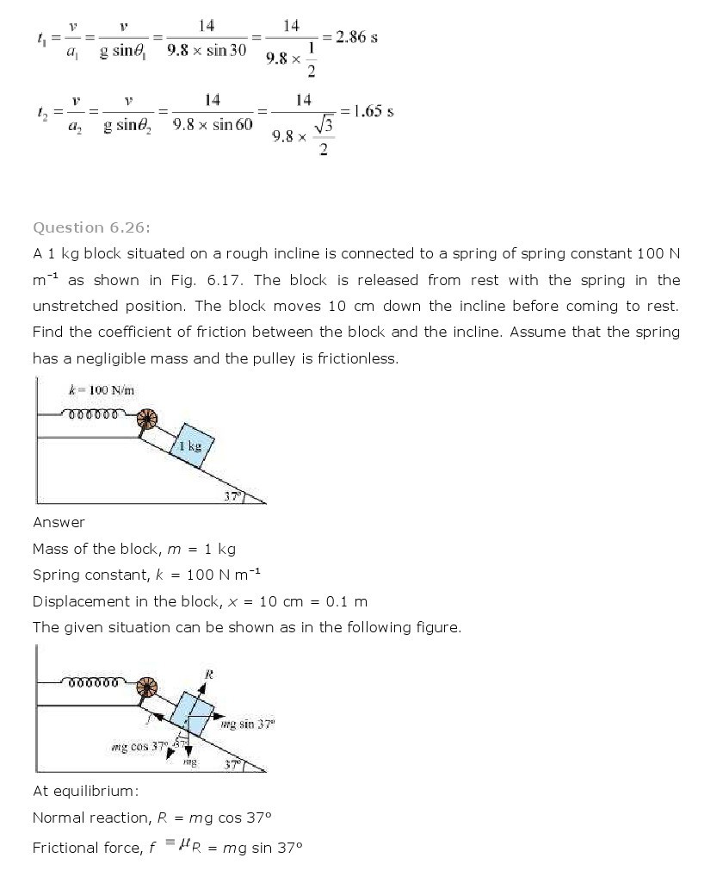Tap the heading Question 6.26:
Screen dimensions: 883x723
click(91, 227)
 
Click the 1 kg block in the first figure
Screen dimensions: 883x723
click(190, 445)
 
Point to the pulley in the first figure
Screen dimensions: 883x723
click(148, 420)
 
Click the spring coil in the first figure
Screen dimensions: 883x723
click(93, 414)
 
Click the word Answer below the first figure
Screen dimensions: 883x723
click(59, 522)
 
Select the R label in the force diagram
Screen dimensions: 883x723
click(207, 674)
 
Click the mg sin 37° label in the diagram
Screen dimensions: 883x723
click(247, 724)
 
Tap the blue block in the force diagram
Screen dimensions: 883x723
click(192, 712)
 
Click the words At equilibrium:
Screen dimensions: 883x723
click(85, 791)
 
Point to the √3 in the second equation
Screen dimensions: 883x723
click(324, 127)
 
